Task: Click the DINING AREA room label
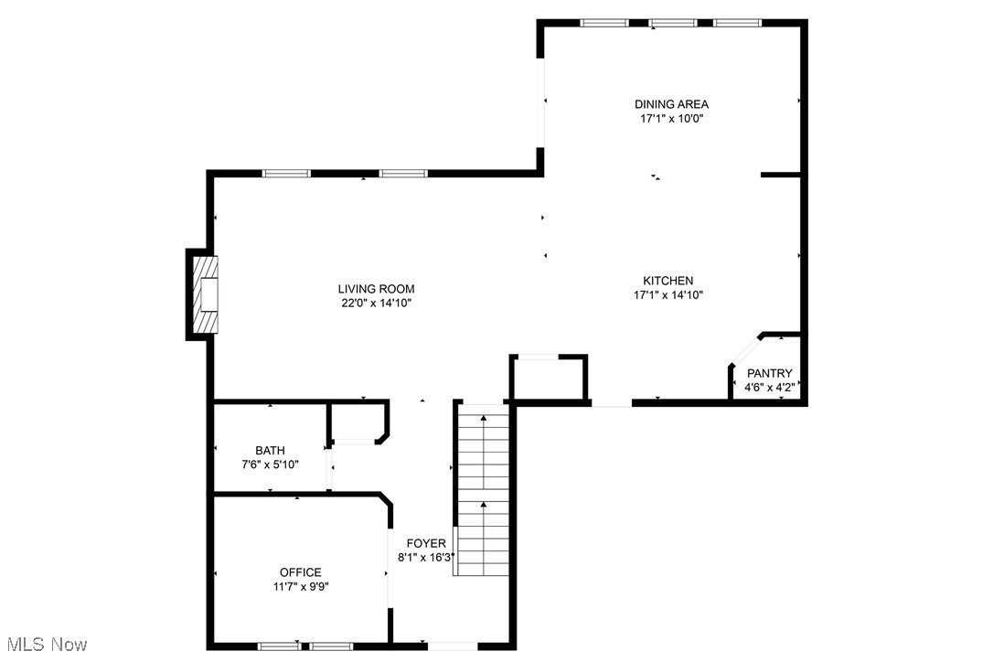pos(671,104)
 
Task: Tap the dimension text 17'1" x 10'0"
pos(671,119)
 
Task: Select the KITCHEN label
pos(667,281)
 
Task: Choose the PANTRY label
pos(769,374)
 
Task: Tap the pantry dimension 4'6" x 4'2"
pos(769,388)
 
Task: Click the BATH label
pos(270,451)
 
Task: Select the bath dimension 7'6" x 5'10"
pos(270,464)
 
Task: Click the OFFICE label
pos(300,573)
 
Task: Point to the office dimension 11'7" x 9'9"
pos(300,587)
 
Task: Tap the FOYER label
pos(426,543)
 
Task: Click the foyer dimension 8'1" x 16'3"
pos(426,557)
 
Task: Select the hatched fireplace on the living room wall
pos(206,294)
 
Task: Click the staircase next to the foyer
pos(484,494)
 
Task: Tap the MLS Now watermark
pos(45,645)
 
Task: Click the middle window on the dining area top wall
pos(673,23)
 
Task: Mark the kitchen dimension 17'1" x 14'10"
pos(667,294)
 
